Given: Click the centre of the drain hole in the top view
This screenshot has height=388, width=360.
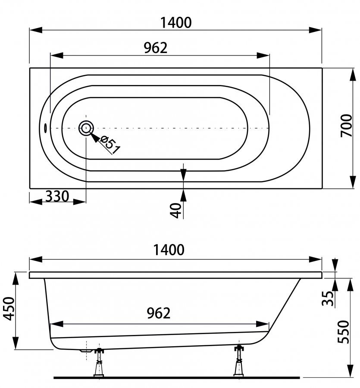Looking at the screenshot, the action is pos(86,128).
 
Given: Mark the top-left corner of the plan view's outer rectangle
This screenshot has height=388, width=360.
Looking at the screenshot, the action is pos(30,68).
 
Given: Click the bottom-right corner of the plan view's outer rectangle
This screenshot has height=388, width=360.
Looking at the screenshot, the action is pos(322,188).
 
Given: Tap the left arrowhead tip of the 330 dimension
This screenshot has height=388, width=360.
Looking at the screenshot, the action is pos(29,202).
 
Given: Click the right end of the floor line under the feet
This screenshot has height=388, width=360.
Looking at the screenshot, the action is pos(300,378).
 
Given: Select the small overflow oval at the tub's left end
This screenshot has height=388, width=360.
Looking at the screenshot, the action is pos(45,128).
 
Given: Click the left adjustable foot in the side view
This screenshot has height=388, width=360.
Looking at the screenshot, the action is pos(99,362).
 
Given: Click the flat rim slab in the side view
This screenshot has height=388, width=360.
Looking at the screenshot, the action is pos(176,275).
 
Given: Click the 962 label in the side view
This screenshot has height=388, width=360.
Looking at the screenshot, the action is pos(159,313).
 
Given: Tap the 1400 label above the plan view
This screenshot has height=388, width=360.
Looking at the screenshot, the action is pos(176,23).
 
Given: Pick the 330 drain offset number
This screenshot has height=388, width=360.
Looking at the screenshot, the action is pos(57,197).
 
